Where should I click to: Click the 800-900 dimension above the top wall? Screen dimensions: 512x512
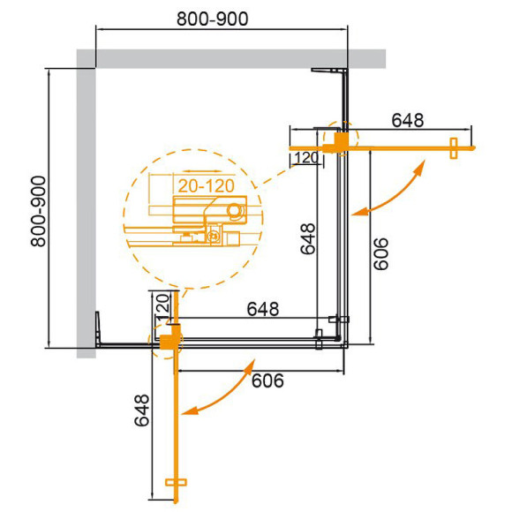coord(212,19)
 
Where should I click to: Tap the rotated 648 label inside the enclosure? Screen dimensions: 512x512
coord(306,236)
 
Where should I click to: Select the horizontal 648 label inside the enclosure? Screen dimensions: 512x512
coord(262,310)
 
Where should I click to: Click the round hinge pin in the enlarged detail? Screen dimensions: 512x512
coord(234,210)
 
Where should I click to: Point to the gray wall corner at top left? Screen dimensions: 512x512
coord(87,60)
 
